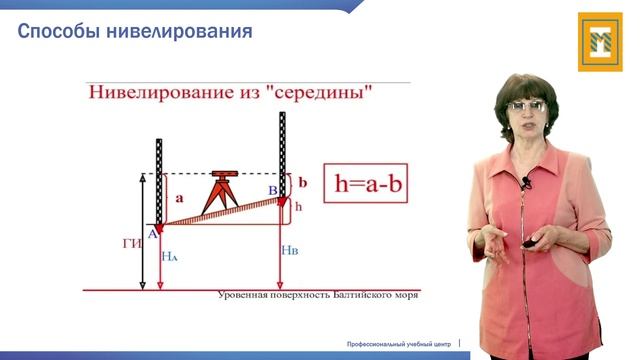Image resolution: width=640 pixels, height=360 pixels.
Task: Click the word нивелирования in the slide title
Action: pyautogui.click(x=181, y=34)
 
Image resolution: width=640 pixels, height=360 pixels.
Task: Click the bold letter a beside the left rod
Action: pyautogui.click(x=180, y=199)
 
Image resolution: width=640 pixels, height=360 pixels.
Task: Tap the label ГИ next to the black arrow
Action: pyautogui.click(x=129, y=243)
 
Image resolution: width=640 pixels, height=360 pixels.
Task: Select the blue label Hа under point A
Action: pyautogui.click(x=169, y=256)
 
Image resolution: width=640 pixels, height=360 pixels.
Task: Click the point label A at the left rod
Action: pyautogui.click(x=152, y=233)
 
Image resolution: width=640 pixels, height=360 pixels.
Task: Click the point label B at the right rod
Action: pyautogui.click(x=271, y=187)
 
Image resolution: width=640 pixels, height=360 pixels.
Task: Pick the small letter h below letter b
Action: pyautogui.click(x=297, y=206)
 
